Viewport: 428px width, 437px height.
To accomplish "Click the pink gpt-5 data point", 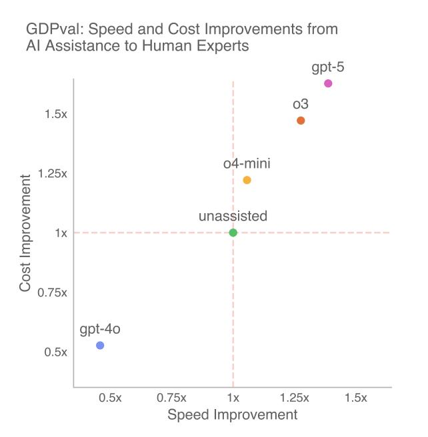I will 328,83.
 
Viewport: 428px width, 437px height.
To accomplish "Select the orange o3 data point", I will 301,121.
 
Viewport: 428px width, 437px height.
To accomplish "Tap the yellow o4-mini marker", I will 247,180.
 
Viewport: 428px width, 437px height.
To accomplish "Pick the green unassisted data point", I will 233,232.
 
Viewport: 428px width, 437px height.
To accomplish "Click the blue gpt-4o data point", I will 100,345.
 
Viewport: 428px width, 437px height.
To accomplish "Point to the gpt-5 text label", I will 328,67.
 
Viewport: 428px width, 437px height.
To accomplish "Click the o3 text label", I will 301,105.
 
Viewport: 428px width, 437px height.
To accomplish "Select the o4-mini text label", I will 247,163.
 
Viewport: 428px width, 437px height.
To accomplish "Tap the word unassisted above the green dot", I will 233,216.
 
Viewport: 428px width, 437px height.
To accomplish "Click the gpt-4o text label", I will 100,329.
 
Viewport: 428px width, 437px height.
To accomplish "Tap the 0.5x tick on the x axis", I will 110,398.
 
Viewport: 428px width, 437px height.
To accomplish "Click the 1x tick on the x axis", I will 233,398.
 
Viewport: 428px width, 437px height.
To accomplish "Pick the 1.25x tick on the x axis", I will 294,398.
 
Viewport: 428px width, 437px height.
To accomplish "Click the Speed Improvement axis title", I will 232,415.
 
